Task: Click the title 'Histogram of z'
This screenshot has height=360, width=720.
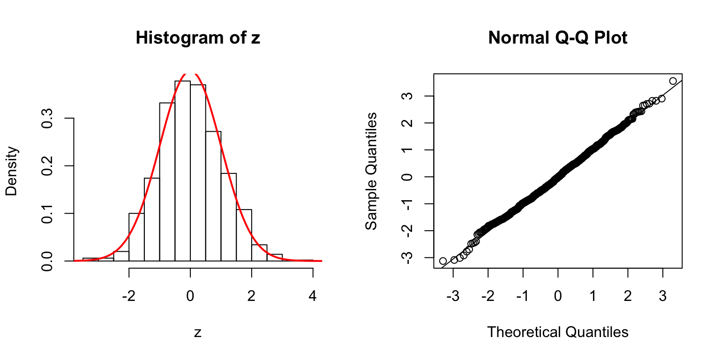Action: tap(197, 38)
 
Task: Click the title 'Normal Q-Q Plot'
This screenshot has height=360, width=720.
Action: tap(557, 38)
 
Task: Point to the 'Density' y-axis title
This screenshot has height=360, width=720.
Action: tap(13, 171)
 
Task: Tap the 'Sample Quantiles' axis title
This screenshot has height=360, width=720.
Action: tap(371, 171)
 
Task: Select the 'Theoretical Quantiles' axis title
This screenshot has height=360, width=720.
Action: tap(557, 332)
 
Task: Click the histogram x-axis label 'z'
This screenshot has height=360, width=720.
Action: tap(198, 333)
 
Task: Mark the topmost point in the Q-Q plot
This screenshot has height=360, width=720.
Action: tap(673, 81)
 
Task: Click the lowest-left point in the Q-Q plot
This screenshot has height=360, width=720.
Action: tap(443, 261)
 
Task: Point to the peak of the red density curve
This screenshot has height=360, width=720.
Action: tap(190, 73)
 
